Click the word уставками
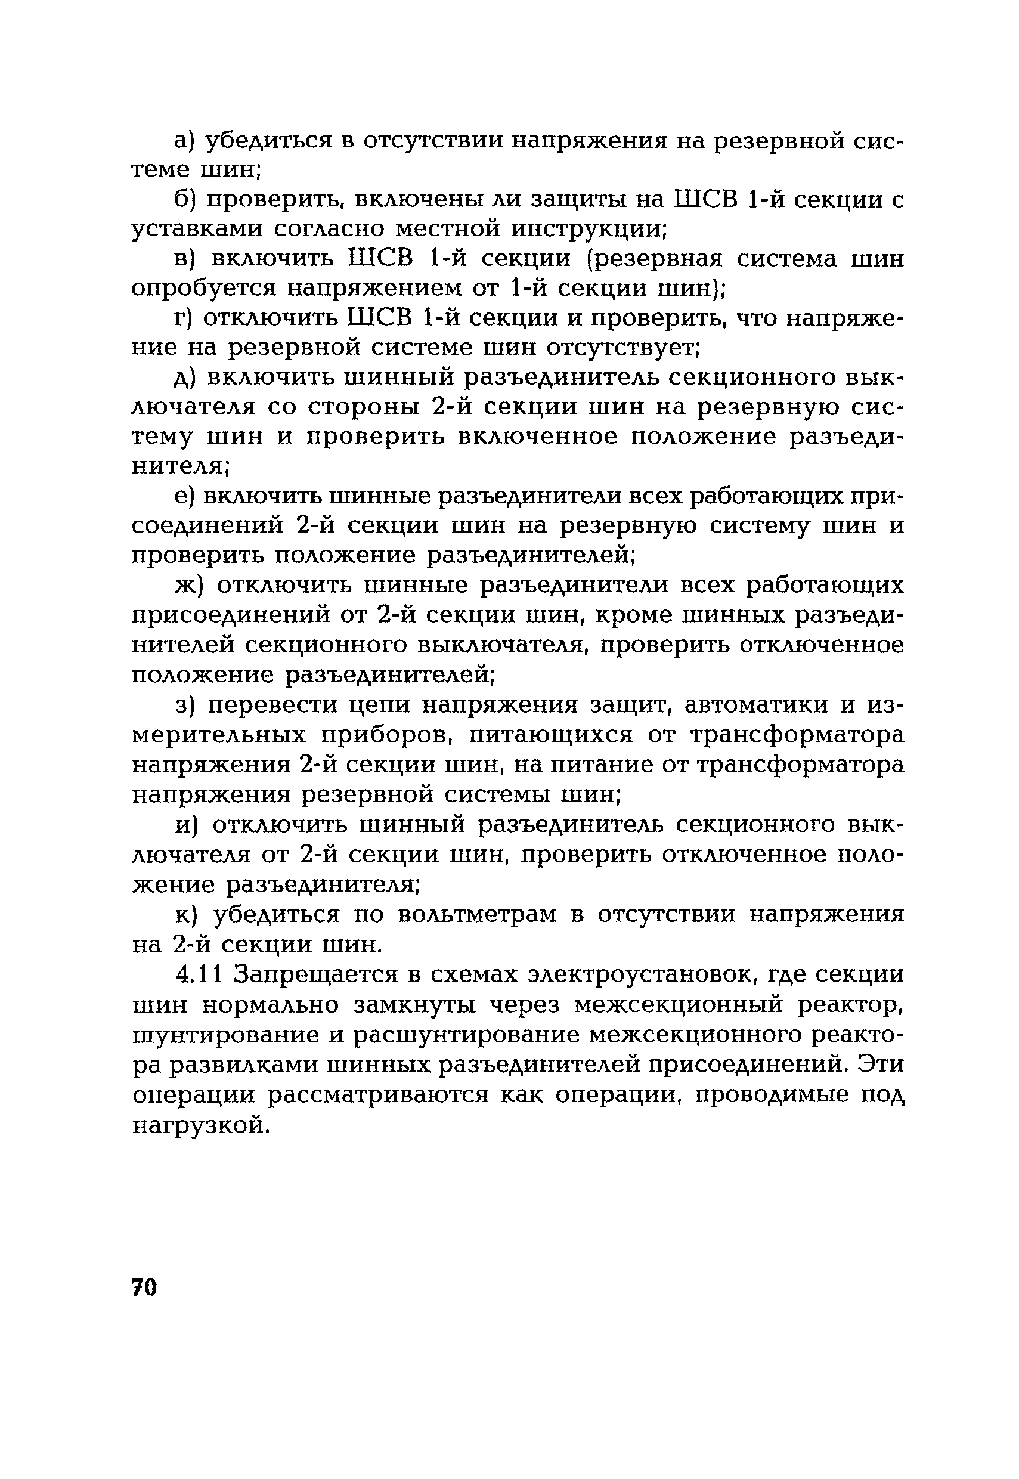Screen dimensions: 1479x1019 click(195, 229)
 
